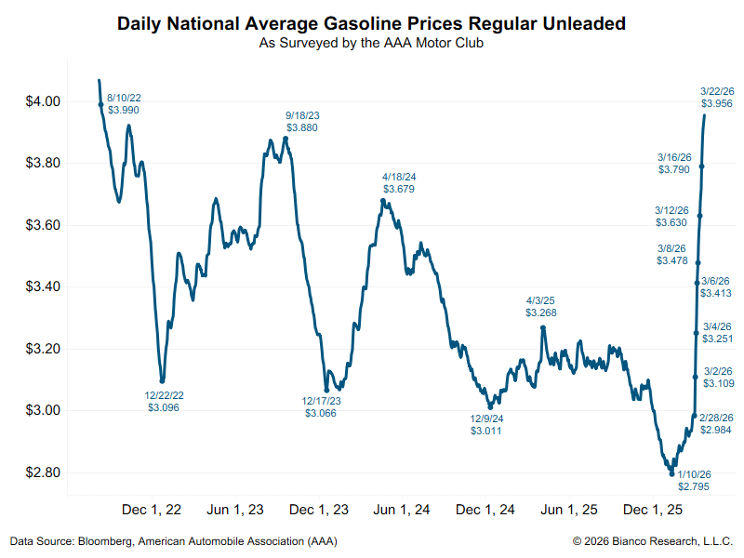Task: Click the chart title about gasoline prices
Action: pos(371,23)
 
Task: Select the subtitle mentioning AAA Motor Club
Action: pos(371,43)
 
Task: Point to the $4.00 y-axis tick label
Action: pos(42,101)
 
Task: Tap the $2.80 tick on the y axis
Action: pos(42,472)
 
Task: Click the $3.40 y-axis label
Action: pos(42,286)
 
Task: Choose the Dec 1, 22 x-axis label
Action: pos(152,510)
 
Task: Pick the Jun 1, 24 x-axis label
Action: pos(402,510)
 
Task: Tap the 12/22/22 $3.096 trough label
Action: pos(165,401)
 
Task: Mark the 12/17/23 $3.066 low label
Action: pos(321,406)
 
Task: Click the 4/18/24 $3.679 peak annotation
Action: pos(398,182)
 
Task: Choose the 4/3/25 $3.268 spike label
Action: pos(541,307)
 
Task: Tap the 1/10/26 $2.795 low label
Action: pos(694,480)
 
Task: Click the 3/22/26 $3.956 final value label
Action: pos(715,98)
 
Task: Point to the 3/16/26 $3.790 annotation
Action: pos(673,164)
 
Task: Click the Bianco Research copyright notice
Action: pos(652,540)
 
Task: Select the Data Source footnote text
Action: pos(173,540)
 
